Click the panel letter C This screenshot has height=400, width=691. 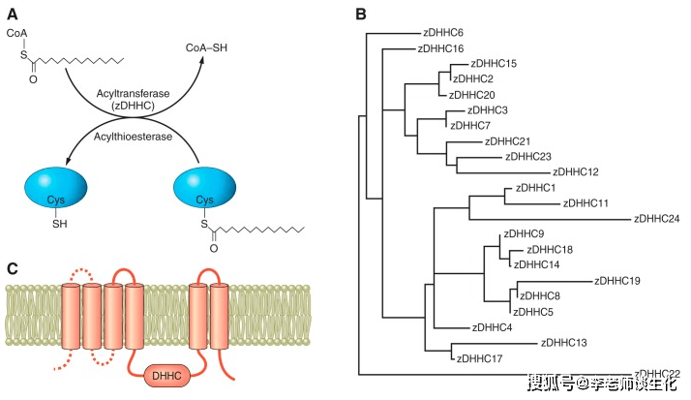tap(12, 268)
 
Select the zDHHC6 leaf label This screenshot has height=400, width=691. tap(444, 32)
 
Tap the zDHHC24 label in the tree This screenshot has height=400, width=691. tap(656, 218)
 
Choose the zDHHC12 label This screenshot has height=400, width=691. tap(579, 171)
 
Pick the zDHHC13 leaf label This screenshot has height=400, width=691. tap(563, 342)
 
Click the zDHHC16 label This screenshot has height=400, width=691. tap(440, 47)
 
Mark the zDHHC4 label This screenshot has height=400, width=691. tap(493, 327)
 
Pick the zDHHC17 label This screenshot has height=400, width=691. tap(478, 358)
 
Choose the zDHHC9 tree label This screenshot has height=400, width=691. tap(524, 234)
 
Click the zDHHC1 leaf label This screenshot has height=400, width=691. tap(536, 187)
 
